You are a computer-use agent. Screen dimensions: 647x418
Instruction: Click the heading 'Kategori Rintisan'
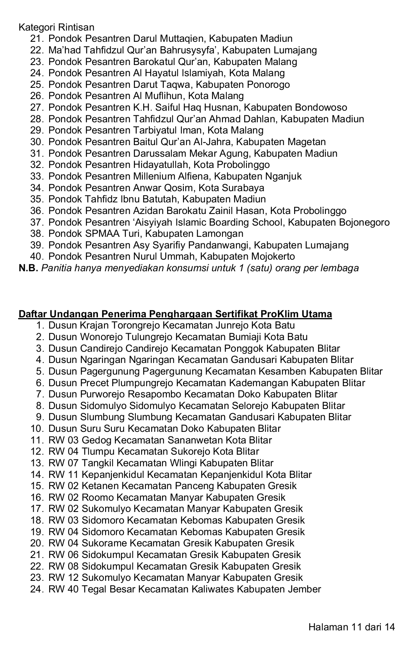pos(56,27)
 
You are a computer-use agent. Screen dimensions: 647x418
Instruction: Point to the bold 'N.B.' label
pos(28,268)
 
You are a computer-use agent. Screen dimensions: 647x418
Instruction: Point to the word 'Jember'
pos(304,589)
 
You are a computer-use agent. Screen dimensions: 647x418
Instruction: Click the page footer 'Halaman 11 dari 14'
pos(351,627)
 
